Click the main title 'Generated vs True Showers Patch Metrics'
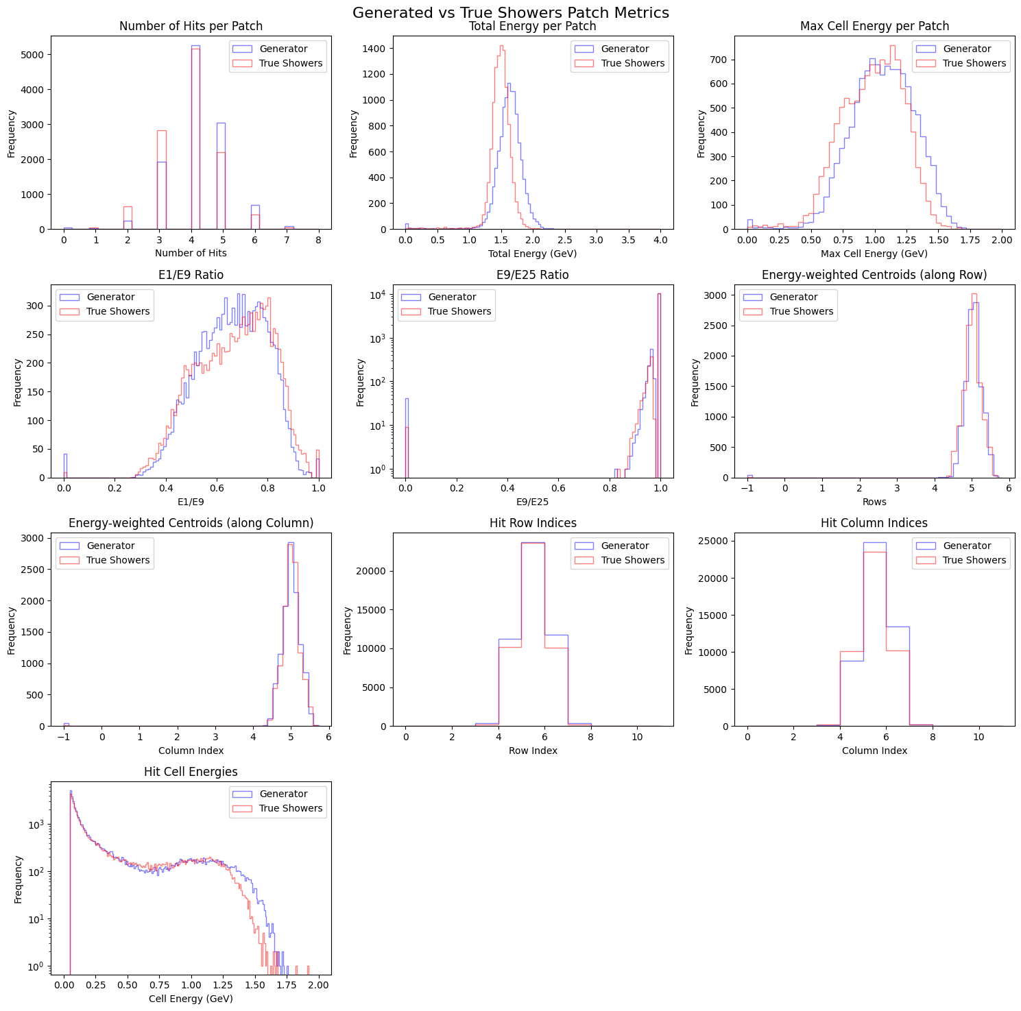510,12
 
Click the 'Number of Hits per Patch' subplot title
191,26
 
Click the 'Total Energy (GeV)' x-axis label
532,254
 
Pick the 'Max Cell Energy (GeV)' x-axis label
874,254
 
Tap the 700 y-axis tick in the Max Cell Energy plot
720,60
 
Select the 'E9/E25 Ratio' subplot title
532,275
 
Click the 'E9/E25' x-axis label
532,502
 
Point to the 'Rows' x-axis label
874,502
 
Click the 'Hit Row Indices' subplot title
533,523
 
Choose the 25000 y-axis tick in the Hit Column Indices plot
714,541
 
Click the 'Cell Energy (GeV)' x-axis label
191,999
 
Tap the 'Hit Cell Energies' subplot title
191,772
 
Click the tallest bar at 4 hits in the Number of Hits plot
195,137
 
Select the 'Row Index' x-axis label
533,751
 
